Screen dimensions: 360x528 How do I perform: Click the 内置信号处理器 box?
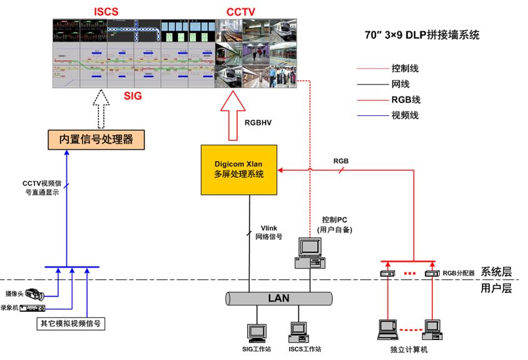pos(96,139)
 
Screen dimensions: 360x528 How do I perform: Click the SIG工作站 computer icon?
pos(256,332)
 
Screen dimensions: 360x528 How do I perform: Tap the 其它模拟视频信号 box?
pos(69,324)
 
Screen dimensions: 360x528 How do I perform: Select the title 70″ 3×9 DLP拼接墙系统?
pos(422,36)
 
